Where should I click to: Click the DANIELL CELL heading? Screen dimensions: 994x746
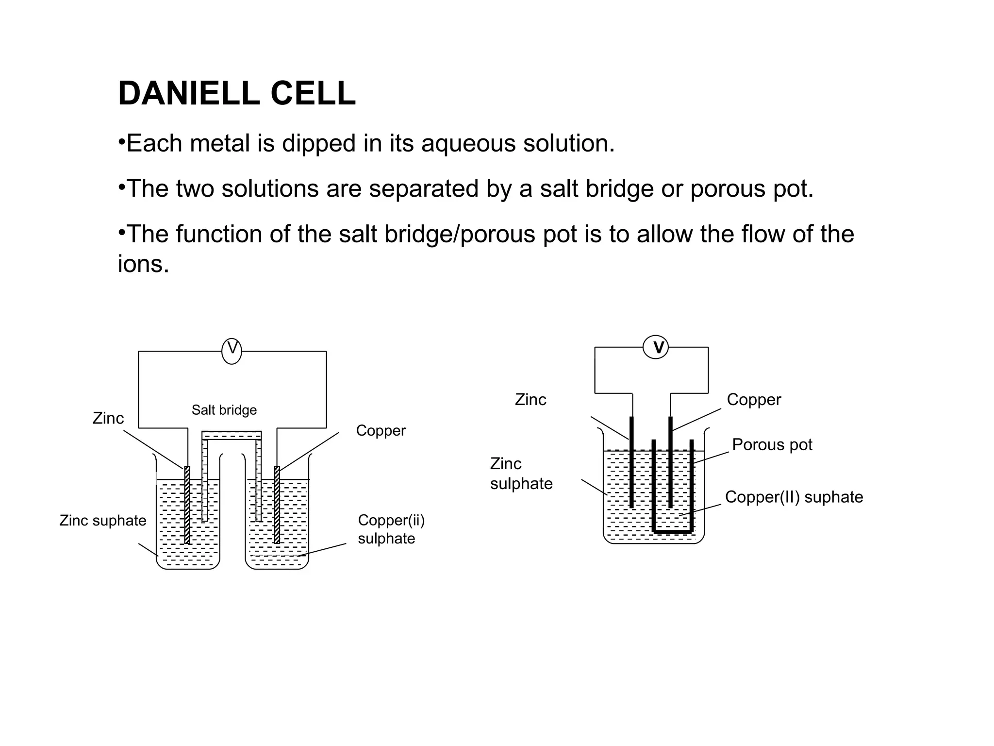(x=237, y=93)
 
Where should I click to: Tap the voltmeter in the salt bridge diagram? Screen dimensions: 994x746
(x=232, y=351)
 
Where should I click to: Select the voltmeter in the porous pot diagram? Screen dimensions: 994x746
(x=656, y=347)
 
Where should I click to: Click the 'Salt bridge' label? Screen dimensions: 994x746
(x=224, y=410)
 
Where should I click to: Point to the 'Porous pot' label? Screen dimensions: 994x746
(x=772, y=444)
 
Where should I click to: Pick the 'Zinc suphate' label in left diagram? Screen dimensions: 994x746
(x=103, y=521)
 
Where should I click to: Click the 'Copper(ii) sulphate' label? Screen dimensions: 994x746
(x=391, y=529)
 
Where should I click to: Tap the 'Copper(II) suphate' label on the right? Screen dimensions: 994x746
(x=794, y=497)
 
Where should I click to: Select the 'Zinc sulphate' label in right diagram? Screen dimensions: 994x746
(x=521, y=474)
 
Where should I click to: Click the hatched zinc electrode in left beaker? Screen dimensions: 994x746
(x=187, y=505)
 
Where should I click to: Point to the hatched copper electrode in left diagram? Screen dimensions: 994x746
(x=277, y=505)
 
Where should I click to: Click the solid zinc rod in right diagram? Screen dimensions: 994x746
(x=631, y=462)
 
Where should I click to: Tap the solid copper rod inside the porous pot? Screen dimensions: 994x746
(x=670, y=462)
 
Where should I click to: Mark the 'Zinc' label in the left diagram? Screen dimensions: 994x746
(x=108, y=418)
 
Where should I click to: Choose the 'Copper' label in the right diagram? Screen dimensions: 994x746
(x=754, y=400)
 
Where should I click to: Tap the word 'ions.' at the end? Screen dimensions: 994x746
(x=144, y=264)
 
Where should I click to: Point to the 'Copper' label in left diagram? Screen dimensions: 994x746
(x=381, y=431)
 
